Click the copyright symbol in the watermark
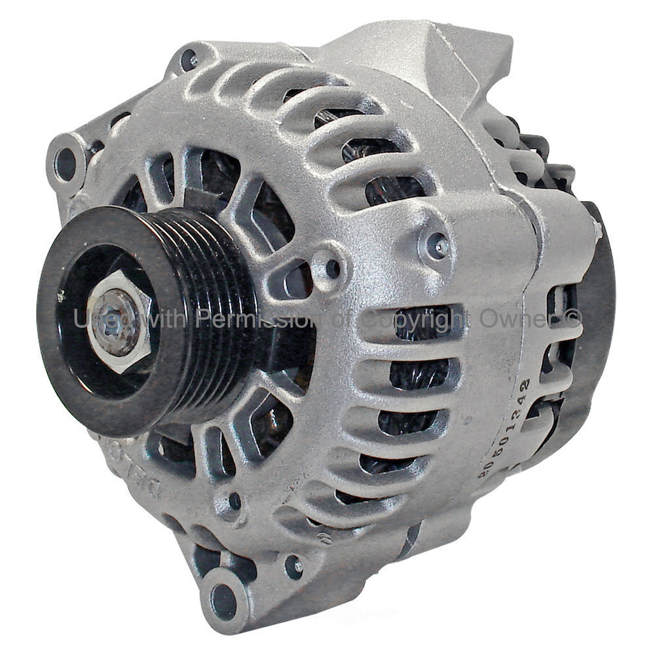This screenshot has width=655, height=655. point(571,319)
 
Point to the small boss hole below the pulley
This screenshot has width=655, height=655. point(234,502)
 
